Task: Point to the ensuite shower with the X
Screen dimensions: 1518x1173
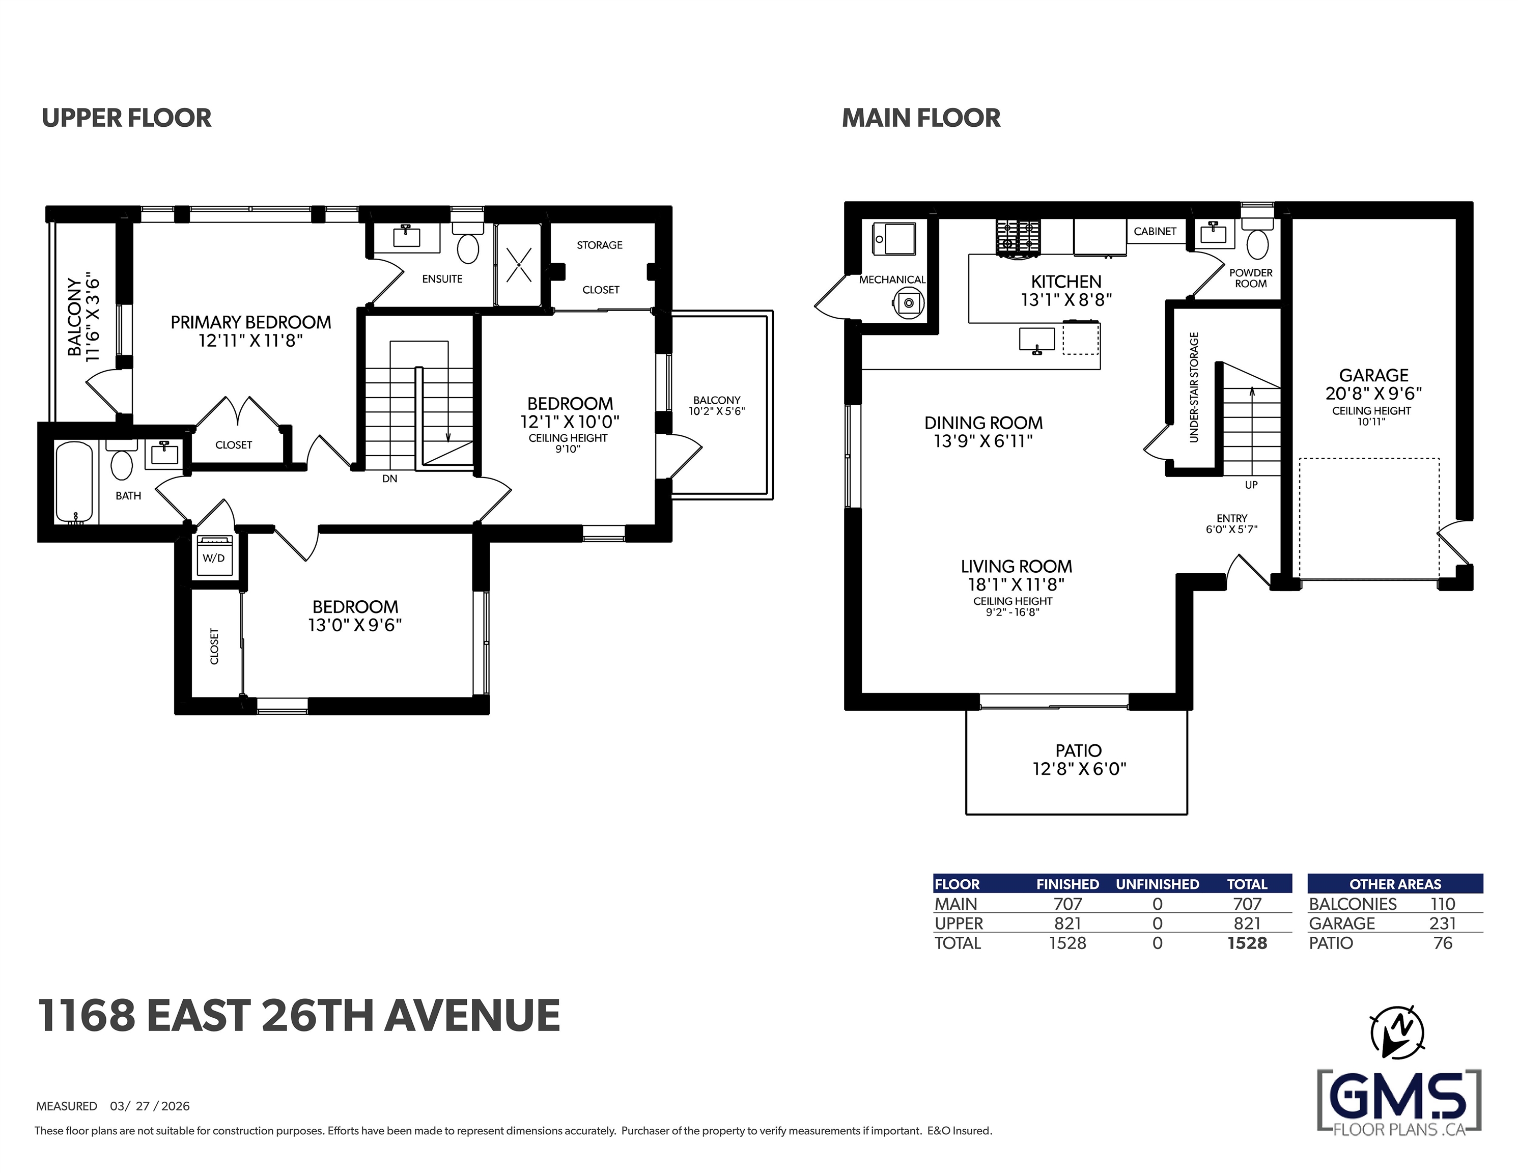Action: [519, 265]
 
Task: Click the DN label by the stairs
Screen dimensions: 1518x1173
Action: [390, 479]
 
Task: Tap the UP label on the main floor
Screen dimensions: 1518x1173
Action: [1251, 485]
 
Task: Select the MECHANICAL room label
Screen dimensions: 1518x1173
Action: [892, 280]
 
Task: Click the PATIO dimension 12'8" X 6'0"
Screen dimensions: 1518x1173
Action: [1079, 769]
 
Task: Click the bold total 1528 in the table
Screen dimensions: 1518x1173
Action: [1247, 943]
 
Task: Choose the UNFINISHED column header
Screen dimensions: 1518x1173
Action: [1157, 884]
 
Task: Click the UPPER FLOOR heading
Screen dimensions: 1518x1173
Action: [126, 118]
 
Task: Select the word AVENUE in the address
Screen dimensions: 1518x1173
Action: [472, 1015]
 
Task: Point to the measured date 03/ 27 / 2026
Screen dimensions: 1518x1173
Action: [150, 1106]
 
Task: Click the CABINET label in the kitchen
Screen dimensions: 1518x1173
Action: [1155, 232]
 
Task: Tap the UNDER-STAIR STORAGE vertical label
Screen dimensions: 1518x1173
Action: [1194, 387]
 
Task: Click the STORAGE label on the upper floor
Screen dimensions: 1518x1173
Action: [600, 245]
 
